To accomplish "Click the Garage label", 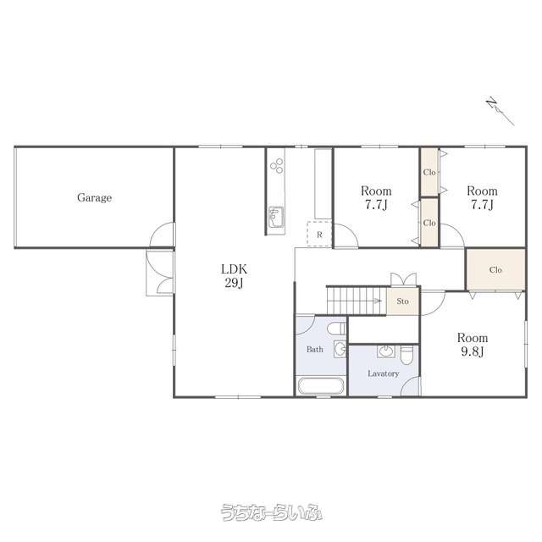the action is tap(94, 197).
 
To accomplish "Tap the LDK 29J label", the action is tap(234, 276).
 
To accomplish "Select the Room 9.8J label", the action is tap(473, 345).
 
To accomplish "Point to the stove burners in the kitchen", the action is tap(277, 166).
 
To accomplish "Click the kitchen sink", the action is tap(276, 217).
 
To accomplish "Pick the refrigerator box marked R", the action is tap(319, 235).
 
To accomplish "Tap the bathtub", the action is tap(321, 386).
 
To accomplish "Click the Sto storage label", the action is tap(403, 301).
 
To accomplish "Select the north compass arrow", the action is tap(501, 112).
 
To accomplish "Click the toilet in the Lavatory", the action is tap(406, 355).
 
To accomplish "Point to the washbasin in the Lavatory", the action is tap(386, 351).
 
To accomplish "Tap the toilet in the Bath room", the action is tap(336, 329).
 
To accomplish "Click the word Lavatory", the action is tap(383, 373).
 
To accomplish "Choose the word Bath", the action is tap(315, 350).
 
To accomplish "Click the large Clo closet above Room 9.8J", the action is tap(495, 269).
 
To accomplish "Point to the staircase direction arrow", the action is tap(377, 301).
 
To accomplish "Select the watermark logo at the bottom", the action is tap(271, 512).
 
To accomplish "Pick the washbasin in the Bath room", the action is tap(340, 349).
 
